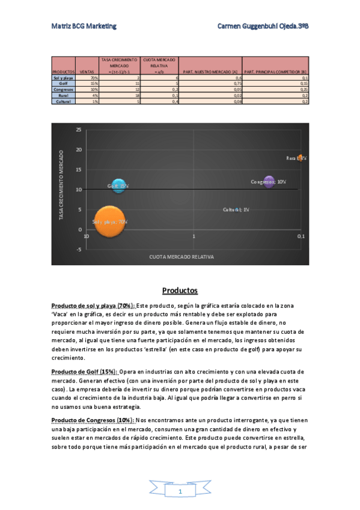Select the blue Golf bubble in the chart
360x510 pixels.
point(118,186)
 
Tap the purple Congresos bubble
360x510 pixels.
point(269,181)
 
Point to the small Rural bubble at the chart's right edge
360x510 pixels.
point(300,158)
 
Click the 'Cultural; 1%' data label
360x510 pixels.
point(231,209)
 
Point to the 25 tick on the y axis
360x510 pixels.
point(79,129)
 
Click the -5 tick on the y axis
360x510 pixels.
point(79,250)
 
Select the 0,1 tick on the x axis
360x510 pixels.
point(301,236)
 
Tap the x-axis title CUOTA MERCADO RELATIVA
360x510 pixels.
point(182,257)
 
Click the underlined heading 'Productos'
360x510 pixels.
point(180,290)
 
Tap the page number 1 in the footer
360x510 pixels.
point(180,492)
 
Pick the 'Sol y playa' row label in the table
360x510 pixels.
point(63,78)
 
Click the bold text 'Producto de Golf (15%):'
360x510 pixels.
point(85,372)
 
